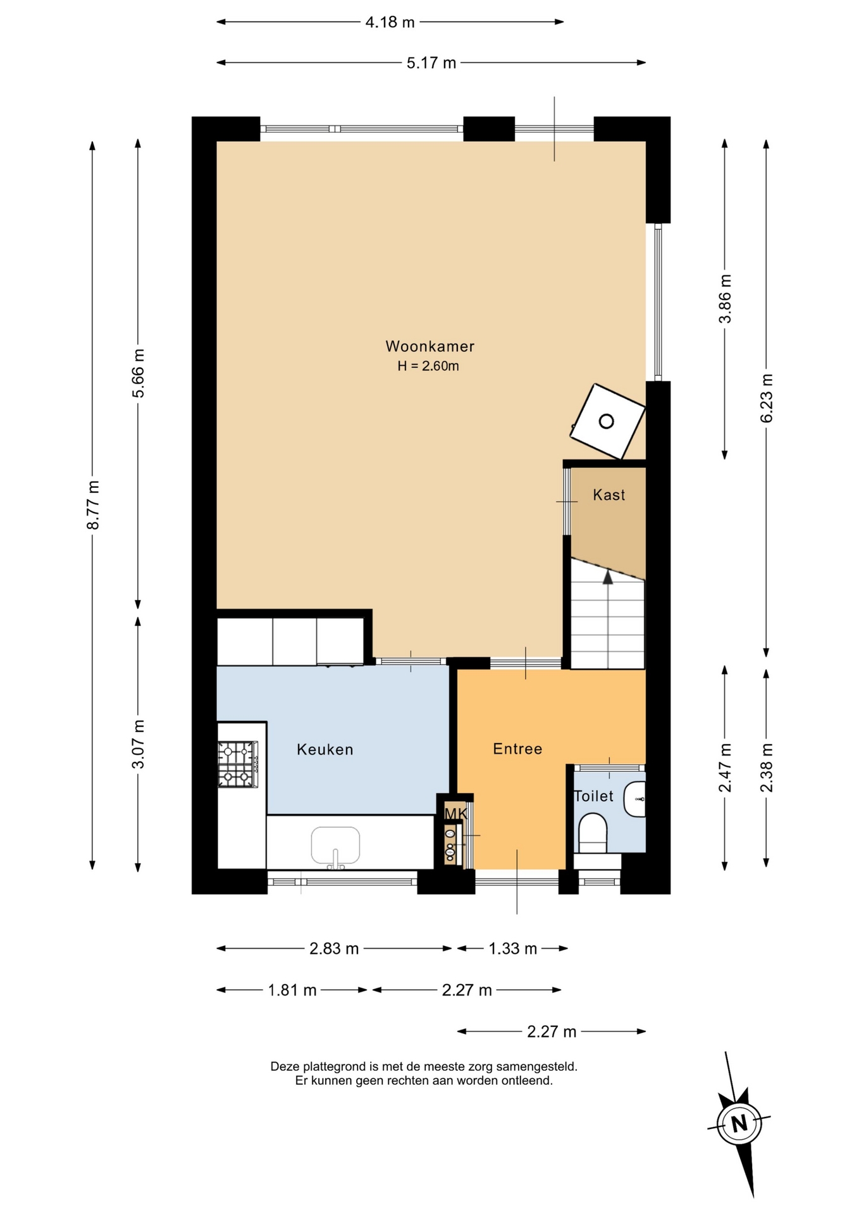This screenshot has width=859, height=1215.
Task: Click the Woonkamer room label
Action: tap(429, 346)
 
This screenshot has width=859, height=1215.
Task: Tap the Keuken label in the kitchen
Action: tap(325, 749)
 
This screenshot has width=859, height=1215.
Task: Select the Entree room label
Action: tap(517, 749)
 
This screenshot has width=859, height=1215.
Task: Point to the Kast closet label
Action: tap(609, 495)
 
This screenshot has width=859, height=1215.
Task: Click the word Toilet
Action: tap(593, 796)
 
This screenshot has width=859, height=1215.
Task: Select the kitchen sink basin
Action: tap(335, 845)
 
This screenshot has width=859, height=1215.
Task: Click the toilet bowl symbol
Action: tap(593, 833)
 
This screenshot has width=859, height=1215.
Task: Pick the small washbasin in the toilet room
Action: tap(635, 799)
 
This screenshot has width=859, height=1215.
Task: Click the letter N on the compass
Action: tap(739, 1125)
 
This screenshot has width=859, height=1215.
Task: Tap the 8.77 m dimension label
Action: tap(93, 505)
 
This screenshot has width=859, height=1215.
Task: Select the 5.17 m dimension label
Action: tap(431, 63)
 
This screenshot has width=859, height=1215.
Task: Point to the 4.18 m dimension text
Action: tap(390, 22)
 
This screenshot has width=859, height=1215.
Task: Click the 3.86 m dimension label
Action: tap(725, 299)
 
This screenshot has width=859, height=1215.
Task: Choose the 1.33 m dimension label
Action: tap(512, 949)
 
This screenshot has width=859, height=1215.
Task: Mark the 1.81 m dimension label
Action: tap(292, 990)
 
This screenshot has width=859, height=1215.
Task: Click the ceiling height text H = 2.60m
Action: tap(428, 366)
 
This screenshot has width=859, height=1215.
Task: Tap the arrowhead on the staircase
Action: tap(608, 576)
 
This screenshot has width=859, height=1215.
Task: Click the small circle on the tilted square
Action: tap(607, 421)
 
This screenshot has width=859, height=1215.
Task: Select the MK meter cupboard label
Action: tap(456, 813)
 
